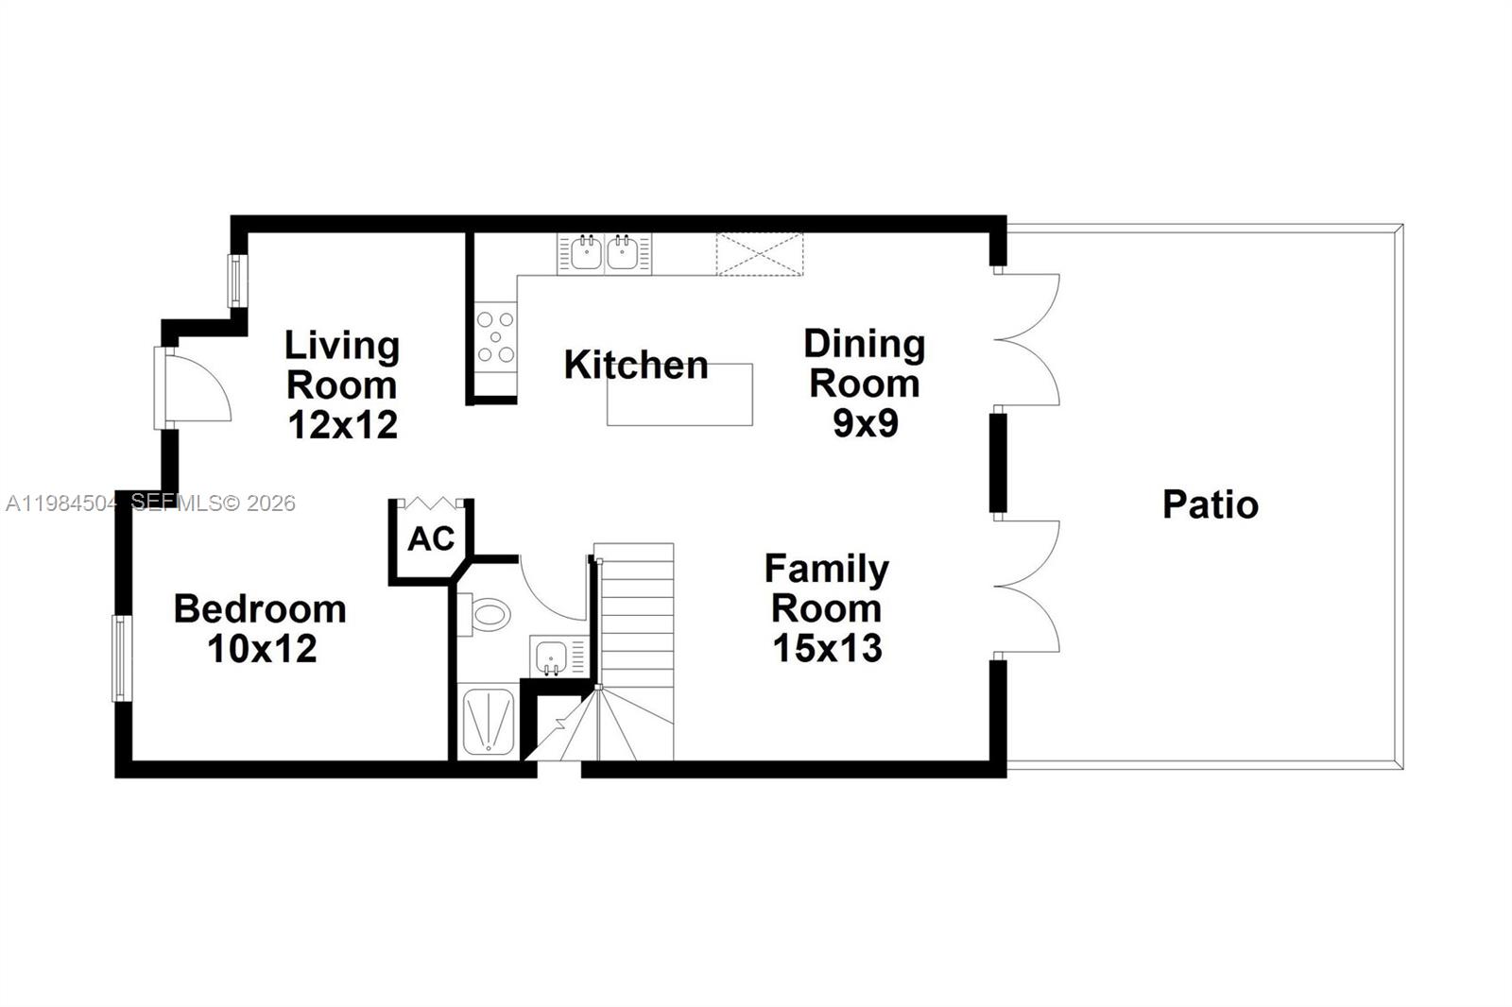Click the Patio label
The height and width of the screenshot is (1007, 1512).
1210,504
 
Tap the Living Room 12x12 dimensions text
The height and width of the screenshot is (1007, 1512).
342,425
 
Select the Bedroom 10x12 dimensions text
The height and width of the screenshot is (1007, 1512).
262,649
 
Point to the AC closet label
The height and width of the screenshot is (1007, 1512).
431,539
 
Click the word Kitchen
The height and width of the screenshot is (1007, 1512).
635,365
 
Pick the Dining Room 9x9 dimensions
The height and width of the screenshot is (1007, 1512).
865,423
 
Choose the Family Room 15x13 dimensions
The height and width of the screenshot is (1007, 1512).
827,648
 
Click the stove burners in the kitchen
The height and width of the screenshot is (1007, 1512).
495,336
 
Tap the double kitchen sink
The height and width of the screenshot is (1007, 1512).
604,253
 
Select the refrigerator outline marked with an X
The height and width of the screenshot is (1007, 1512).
760,254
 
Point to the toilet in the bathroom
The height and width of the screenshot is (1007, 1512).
486,615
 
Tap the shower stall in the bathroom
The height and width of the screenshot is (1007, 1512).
489,723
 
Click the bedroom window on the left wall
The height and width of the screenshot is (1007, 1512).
120,658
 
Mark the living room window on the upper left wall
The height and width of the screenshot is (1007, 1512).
236,281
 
